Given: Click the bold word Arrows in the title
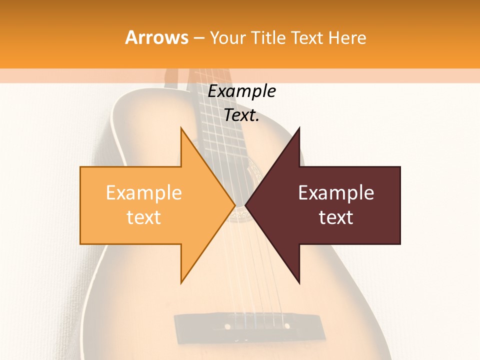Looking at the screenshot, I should point(156,38).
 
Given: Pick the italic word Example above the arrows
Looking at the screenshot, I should point(242,91).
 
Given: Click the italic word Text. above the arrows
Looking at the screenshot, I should point(242,115).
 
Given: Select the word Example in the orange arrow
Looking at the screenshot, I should point(144,193).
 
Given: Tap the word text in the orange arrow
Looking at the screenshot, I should point(144,217).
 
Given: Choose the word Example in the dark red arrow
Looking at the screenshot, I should point(336,193).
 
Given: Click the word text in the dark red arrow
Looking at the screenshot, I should point(336,217).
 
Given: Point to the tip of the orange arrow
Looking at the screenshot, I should point(234,205).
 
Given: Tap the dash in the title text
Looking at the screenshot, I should point(198,38).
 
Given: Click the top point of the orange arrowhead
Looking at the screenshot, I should point(181,128).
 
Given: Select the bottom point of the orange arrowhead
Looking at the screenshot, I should point(181,282).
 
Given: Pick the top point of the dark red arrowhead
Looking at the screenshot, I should point(299,128).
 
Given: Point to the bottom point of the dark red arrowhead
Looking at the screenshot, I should point(299,282).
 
